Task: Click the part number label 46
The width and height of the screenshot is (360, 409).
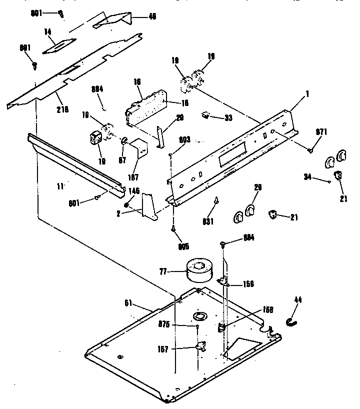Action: tap(152, 16)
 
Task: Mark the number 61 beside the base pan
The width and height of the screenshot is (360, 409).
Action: tap(129, 302)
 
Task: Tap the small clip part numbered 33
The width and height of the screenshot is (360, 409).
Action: tap(205, 116)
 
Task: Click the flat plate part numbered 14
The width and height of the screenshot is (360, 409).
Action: tap(59, 45)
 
